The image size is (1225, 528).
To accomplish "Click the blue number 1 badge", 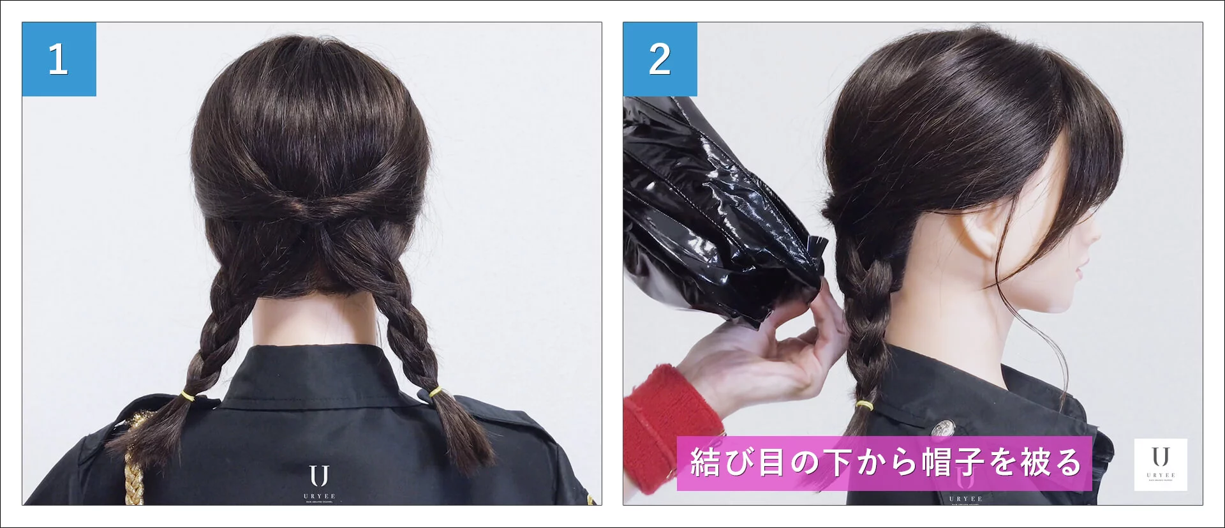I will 59,59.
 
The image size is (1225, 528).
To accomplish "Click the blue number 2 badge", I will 660,59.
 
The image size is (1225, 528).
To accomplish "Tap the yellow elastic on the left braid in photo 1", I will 188,396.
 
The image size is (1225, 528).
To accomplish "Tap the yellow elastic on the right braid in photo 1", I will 436,391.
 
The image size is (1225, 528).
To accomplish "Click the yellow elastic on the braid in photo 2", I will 865,405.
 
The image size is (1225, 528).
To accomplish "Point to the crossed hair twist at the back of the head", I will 311,211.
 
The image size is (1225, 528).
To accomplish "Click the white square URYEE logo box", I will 1160,464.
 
